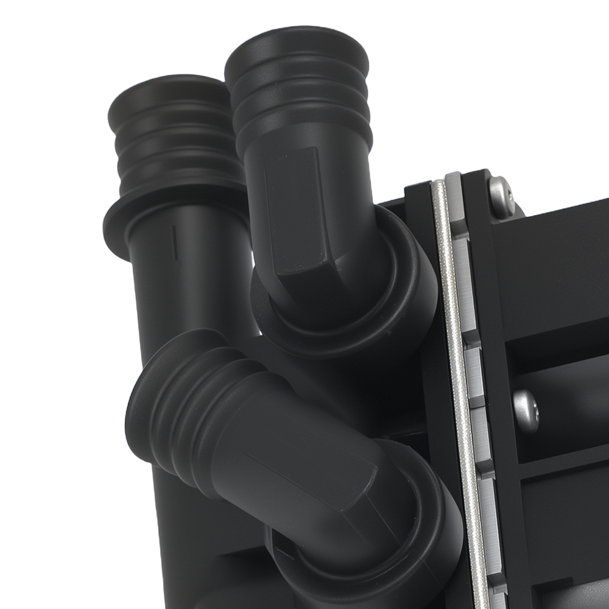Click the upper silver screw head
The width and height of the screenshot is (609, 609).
[501, 197]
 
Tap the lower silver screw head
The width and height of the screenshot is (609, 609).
[526, 410]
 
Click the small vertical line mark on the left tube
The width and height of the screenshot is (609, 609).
[175, 243]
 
